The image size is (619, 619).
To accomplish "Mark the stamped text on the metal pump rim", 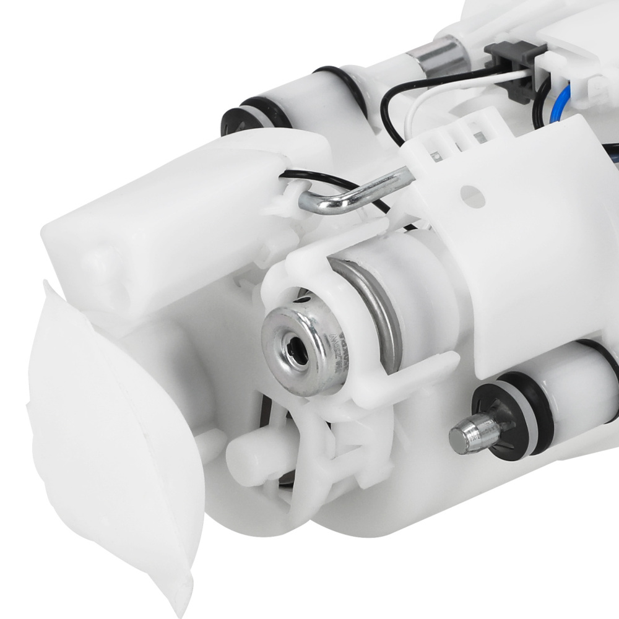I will [x=337, y=350].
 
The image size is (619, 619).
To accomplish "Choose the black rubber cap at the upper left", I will [x=238, y=118].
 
